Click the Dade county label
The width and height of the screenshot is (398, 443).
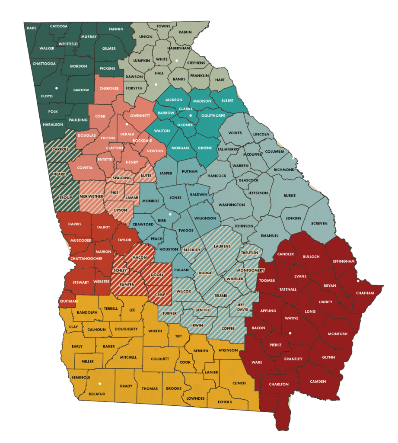click(32, 28)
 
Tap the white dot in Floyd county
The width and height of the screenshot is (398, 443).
click(57, 88)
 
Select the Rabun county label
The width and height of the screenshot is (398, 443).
click(185, 32)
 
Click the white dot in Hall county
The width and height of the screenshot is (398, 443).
click(155, 84)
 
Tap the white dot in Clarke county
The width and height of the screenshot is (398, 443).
click(191, 116)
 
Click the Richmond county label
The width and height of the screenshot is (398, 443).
click(283, 170)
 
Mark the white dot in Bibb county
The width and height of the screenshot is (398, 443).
click(170, 214)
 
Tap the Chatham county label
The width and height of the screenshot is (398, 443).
click(365, 293)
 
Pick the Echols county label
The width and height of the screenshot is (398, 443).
click(225, 402)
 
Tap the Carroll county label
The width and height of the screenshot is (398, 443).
click(60, 149)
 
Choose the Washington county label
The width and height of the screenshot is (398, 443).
click(232, 205)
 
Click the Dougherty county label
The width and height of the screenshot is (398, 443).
click(126, 329)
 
